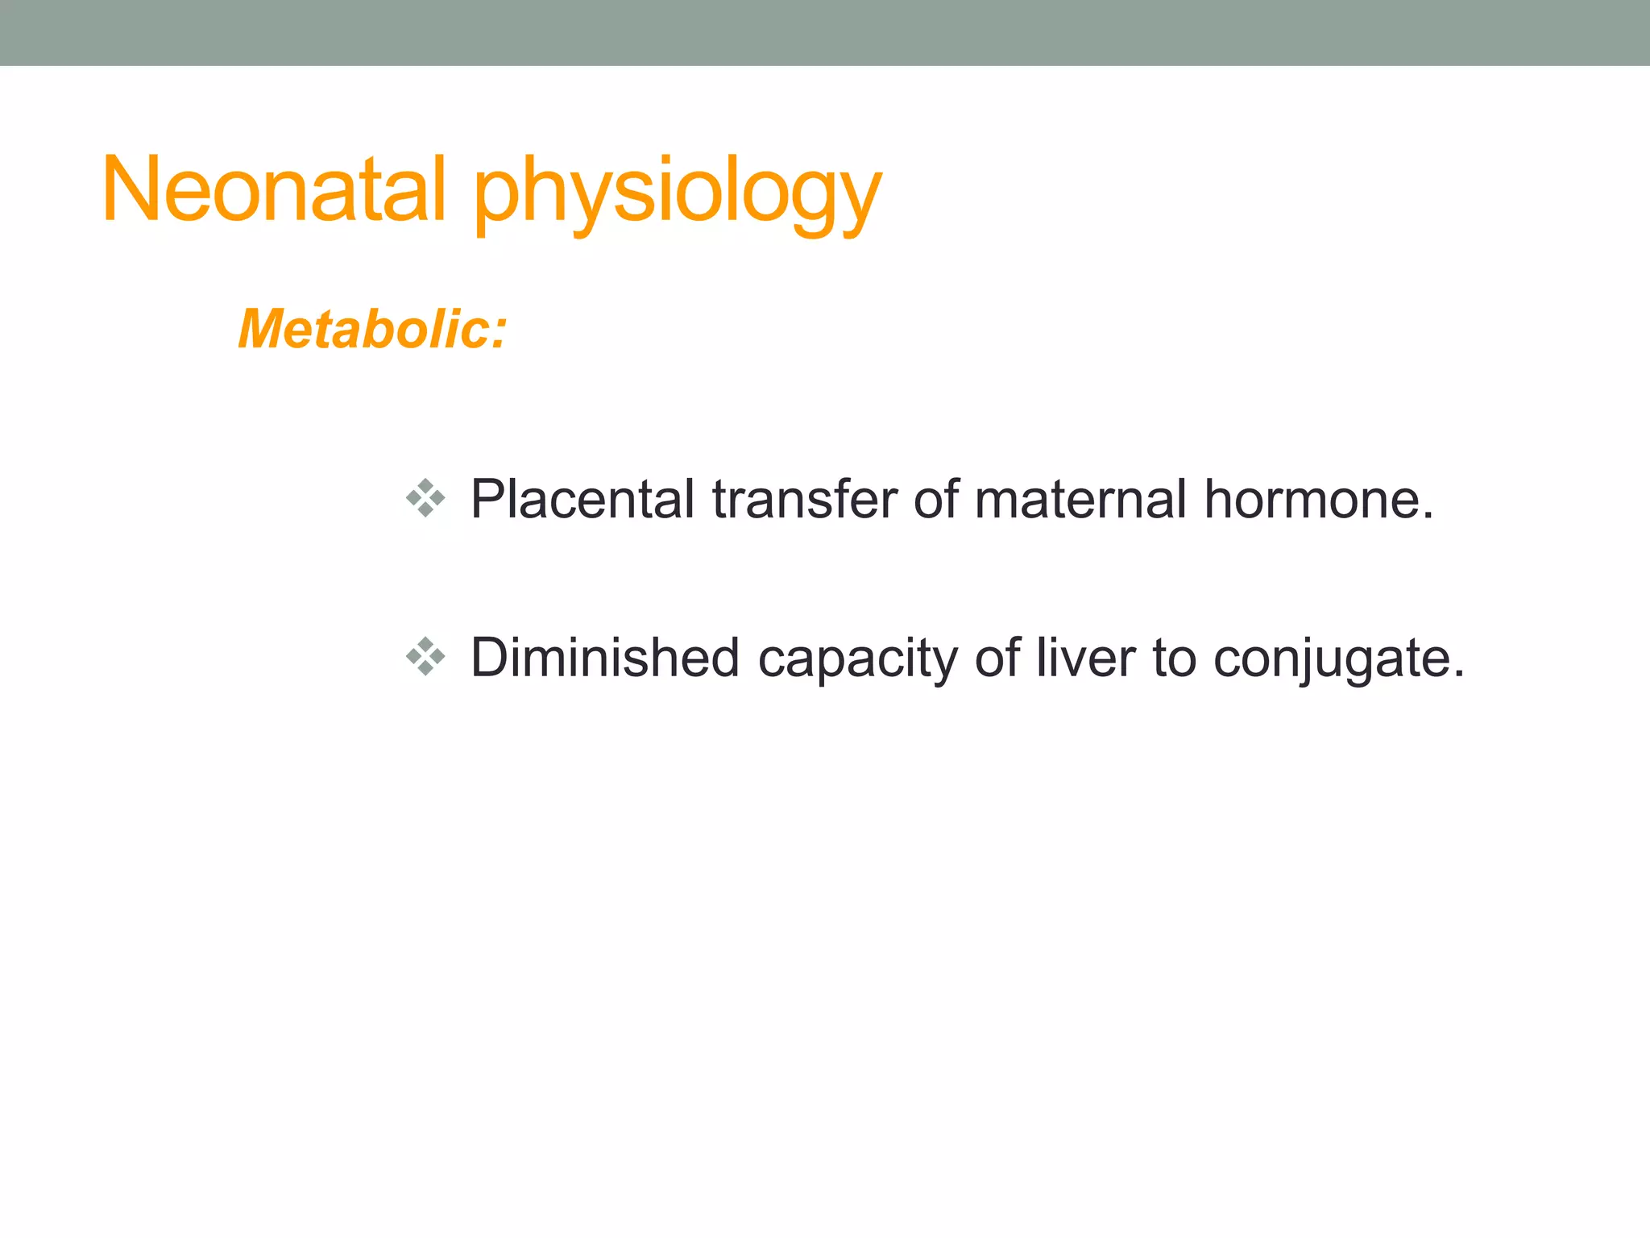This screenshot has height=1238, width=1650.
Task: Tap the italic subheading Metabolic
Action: click(363, 330)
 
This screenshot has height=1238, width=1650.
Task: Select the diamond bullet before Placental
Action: click(425, 498)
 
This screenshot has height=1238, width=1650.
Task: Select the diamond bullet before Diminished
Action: click(425, 656)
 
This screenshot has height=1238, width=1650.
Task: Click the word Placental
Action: click(582, 499)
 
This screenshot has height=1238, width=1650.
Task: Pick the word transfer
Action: click(804, 499)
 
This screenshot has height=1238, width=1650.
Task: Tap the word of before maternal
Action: click(935, 499)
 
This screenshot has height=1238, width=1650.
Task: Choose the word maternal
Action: click(1080, 499)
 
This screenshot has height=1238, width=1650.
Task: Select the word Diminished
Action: click(605, 658)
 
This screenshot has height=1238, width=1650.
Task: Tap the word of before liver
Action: click(997, 658)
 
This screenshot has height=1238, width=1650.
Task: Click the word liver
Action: click(1085, 658)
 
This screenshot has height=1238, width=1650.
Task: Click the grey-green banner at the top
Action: click(825, 32)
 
